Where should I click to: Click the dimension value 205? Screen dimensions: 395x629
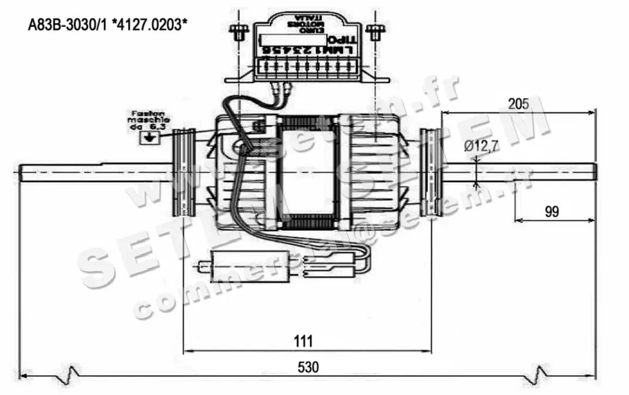pyautogui.click(x=519, y=103)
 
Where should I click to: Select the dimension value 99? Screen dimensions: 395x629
pyautogui.click(x=551, y=211)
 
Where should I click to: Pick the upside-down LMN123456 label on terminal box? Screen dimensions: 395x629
pyautogui.click(x=306, y=50)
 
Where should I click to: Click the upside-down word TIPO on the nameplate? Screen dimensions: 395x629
pyautogui.click(x=342, y=40)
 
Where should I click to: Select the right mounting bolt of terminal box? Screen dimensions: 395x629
pyautogui.click(x=373, y=32)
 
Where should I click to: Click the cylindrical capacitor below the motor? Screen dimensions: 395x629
pyautogui.click(x=231, y=265)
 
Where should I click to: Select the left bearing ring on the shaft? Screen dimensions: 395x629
pyautogui.click(x=183, y=173)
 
